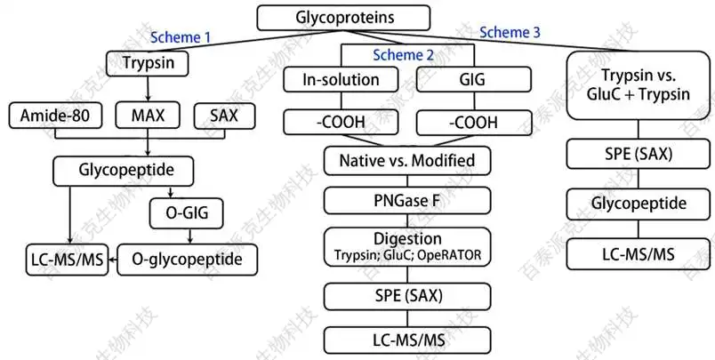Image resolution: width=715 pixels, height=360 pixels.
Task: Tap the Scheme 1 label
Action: point(181,37)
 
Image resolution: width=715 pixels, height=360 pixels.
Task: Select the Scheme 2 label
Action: point(405,55)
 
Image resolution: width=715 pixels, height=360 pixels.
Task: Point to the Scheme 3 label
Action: point(510,32)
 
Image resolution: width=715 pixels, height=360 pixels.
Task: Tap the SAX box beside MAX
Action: point(225,116)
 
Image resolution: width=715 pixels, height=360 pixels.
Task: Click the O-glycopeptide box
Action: point(188,260)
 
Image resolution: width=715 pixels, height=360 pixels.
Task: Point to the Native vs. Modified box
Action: point(407,162)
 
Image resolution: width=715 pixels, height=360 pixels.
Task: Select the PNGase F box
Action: point(407,200)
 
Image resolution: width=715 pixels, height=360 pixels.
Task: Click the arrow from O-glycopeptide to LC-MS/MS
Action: point(113,260)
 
